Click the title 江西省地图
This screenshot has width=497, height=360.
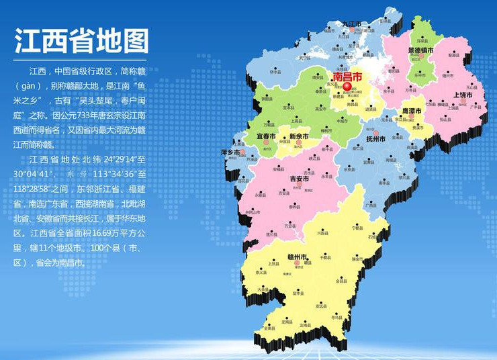point(81,42)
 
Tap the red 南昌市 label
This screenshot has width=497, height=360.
point(347,77)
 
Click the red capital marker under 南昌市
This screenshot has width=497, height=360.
point(347,87)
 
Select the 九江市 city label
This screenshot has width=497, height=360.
point(352,24)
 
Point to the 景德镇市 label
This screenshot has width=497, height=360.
point(420,50)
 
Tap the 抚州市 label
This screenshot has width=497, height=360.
point(375,140)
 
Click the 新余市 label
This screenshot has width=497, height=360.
point(298,136)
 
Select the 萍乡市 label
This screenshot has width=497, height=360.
point(230,152)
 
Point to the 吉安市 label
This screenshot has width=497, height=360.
point(298,179)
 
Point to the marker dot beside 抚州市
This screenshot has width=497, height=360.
point(376,134)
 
